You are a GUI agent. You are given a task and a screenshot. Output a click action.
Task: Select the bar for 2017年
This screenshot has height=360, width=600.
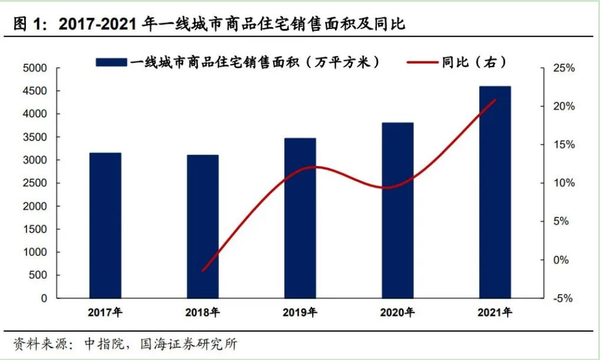pyautogui.click(x=105, y=225)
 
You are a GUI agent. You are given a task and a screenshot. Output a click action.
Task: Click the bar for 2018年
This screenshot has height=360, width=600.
pyautogui.click(x=203, y=226)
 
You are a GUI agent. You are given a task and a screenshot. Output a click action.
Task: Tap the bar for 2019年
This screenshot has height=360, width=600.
pyautogui.click(x=300, y=218)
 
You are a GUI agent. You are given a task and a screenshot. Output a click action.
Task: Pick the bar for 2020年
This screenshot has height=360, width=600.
pyautogui.click(x=397, y=210)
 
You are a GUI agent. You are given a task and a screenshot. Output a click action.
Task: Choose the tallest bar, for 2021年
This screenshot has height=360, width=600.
pyautogui.click(x=495, y=192)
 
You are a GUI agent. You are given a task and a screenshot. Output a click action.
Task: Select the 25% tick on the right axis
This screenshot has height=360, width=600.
pyautogui.click(x=563, y=68)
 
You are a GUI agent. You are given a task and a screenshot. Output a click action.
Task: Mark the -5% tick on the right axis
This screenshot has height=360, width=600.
pyautogui.click(x=562, y=298)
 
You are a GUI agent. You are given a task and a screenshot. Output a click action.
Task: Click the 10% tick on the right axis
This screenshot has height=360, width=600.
pyautogui.click(x=563, y=183)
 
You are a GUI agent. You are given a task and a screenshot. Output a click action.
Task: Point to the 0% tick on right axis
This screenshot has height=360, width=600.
pyautogui.click(x=561, y=260)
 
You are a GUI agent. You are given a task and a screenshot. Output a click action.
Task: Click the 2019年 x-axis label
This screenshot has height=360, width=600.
pyautogui.click(x=300, y=312)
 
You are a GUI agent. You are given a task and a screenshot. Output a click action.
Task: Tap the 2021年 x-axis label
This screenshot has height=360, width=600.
pyautogui.click(x=495, y=312)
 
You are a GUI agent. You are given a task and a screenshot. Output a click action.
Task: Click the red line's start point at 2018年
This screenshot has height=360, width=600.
pyautogui.click(x=203, y=270)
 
